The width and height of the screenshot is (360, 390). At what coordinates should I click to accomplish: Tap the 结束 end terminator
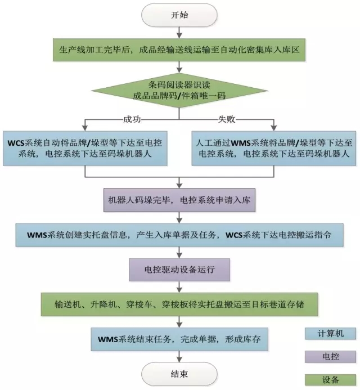coord(179,373)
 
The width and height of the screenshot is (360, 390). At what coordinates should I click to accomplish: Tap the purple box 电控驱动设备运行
coord(179,269)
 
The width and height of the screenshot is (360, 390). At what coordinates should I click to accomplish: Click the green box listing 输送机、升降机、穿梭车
coord(179,304)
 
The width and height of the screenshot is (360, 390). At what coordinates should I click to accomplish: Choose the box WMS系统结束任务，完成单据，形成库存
coord(179,339)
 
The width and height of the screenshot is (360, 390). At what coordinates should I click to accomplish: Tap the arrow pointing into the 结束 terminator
coord(179,356)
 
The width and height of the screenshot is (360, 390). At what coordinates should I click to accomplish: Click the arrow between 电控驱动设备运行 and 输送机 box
coord(179,286)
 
